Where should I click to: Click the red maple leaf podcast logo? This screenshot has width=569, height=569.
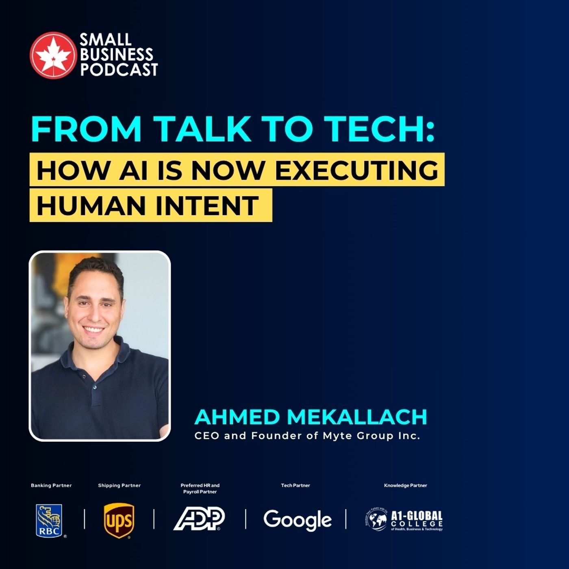pyautogui.click(x=53, y=55)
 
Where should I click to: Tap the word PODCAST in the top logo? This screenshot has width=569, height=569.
pyautogui.click(x=119, y=70)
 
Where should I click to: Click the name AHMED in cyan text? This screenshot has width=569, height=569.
pyautogui.click(x=237, y=417)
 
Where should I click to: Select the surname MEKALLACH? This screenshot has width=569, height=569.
pyautogui.click(x=357, y=417)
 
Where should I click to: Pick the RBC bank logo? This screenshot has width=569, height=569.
pyautogui.click(x=49, y=521)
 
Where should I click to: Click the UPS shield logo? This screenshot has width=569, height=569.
pyautogui.click(x=119, y=521)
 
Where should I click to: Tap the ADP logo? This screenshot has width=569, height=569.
pyautogui.click(x=199, y=519)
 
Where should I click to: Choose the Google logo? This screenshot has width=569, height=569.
pyautogui.click(x=298, y=520)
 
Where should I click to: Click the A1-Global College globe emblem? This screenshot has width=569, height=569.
pyautogui.click(x=376, y=520)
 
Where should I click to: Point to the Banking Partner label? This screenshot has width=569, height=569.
pyautogui.click(x=51, y=485)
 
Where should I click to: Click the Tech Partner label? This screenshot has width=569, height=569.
pyautogui.click(x=295, y=485)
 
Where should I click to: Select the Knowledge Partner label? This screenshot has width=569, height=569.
pyautogui.click(x=406, y=485)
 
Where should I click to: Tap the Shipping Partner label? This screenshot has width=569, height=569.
pyautogui.click(x=119, y=485)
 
